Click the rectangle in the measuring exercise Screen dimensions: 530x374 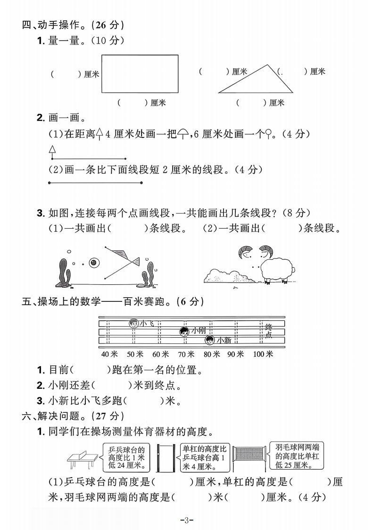point(140,74)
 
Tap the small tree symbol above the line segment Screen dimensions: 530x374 point(52,151)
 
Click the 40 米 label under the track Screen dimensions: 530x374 point(109,354)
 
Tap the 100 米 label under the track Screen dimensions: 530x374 point(263,354)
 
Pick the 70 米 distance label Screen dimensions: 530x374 point(186,354)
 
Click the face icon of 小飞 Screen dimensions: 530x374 point(134,324)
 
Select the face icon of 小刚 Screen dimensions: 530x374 point(184,332)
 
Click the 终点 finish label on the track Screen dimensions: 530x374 point(268,331)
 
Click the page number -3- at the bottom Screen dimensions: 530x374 point(187,520)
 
